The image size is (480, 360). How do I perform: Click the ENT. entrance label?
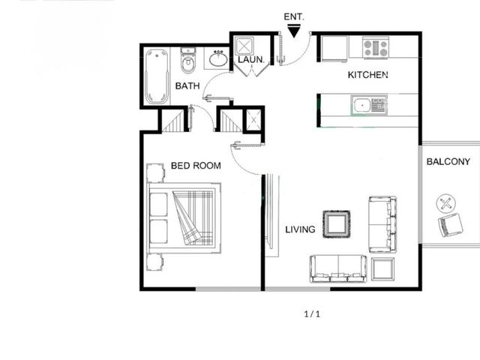click(x=294, y=16)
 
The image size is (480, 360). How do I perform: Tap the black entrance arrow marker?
click(x=294, y=31)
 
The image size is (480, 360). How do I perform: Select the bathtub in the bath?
click(x=157, y=76)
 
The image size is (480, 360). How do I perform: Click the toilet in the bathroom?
click(x=187, y=61)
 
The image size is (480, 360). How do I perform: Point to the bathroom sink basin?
click(x=218, y=58)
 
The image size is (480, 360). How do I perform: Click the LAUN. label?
click(x=251, y=60)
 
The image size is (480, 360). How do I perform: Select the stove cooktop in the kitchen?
click(x=376, y=48)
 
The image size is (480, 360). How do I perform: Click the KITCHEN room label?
click(x=368, y=75)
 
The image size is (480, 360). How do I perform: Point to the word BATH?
click(x=187, y=86)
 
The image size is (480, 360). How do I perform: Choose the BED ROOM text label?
click(x=196, y=166)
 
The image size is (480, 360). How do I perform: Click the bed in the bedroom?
click(x=184, y=218)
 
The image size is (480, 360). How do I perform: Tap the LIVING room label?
click(x=300, y=229)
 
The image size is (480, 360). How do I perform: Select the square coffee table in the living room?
click(x=337, y=224)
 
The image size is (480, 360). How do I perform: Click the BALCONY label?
click(x=448, y=162)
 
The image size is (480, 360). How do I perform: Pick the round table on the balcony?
click(x=445, y=203)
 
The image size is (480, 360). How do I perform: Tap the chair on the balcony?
click(x=450, y=225)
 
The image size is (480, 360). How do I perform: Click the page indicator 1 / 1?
click(x=312, y=314)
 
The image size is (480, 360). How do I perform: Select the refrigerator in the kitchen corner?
click(x=334, y=48)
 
